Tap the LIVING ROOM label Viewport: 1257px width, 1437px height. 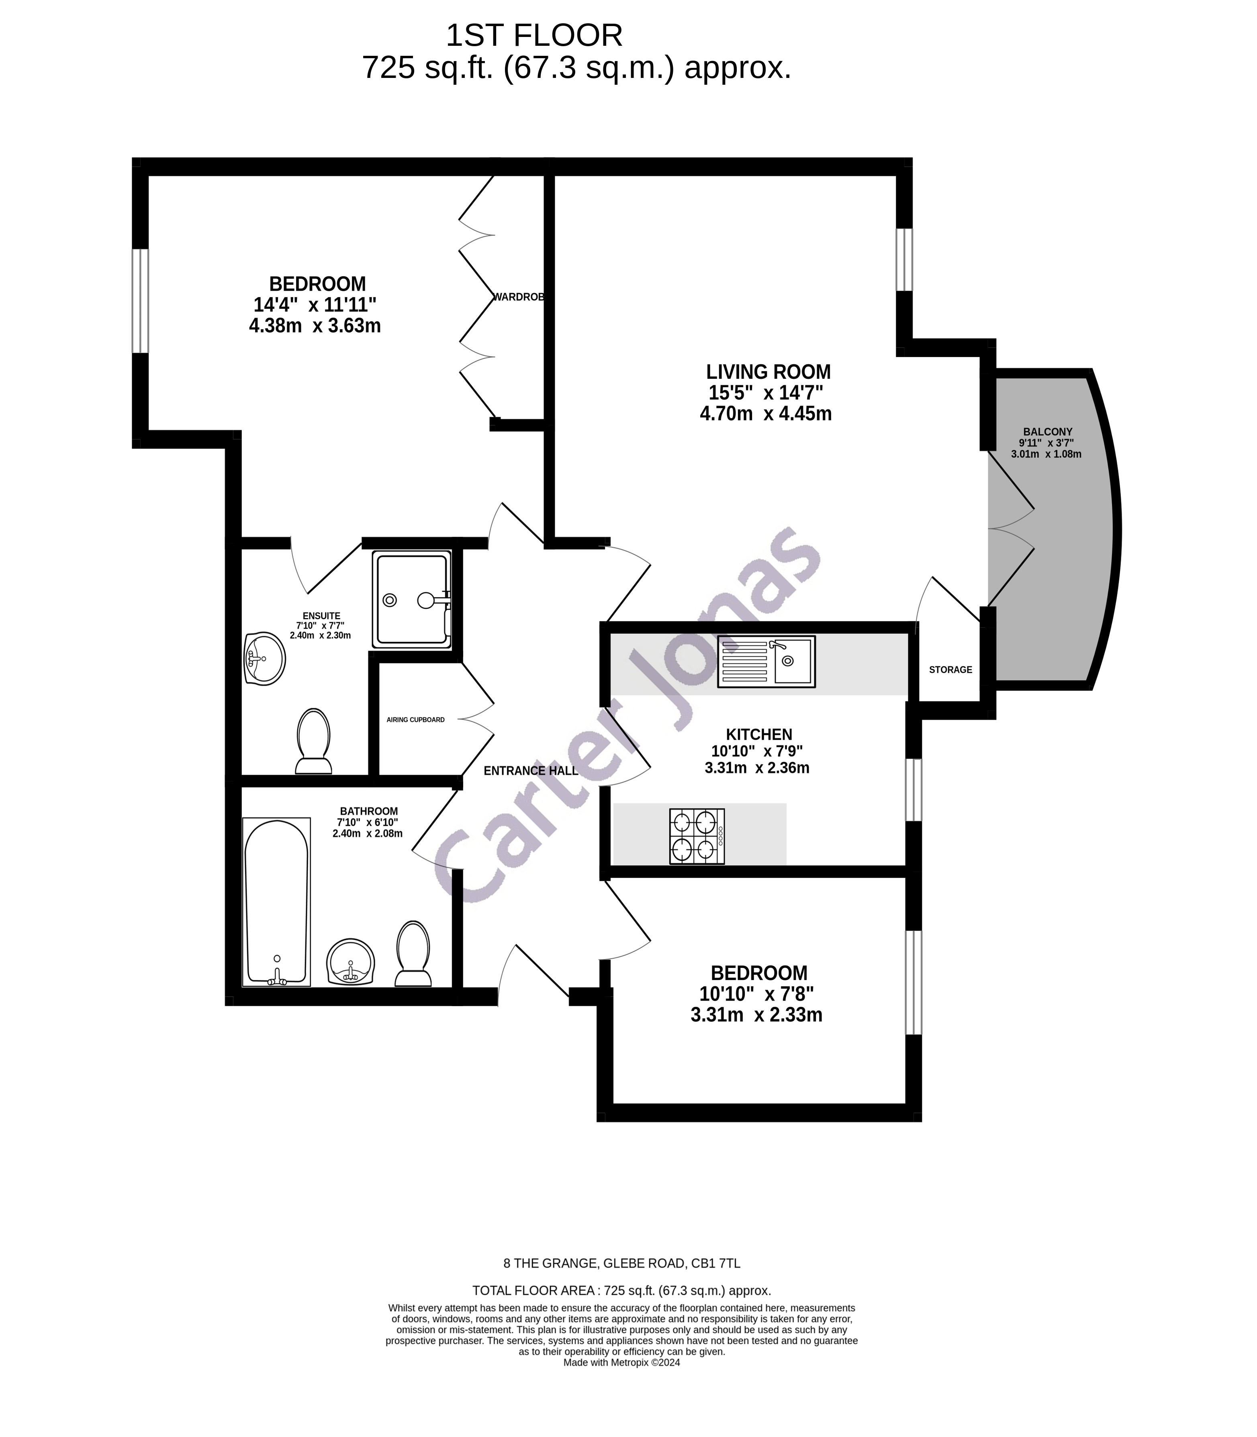tap(768, 371)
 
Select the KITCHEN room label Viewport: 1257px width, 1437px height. tap(758, 734)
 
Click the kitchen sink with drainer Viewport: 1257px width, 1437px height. tap(766, 661)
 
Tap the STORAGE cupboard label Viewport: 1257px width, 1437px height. tap(950, 670)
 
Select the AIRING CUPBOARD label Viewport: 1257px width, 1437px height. tap(415, 720)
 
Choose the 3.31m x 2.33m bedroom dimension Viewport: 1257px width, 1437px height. tap(756, 1015)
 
